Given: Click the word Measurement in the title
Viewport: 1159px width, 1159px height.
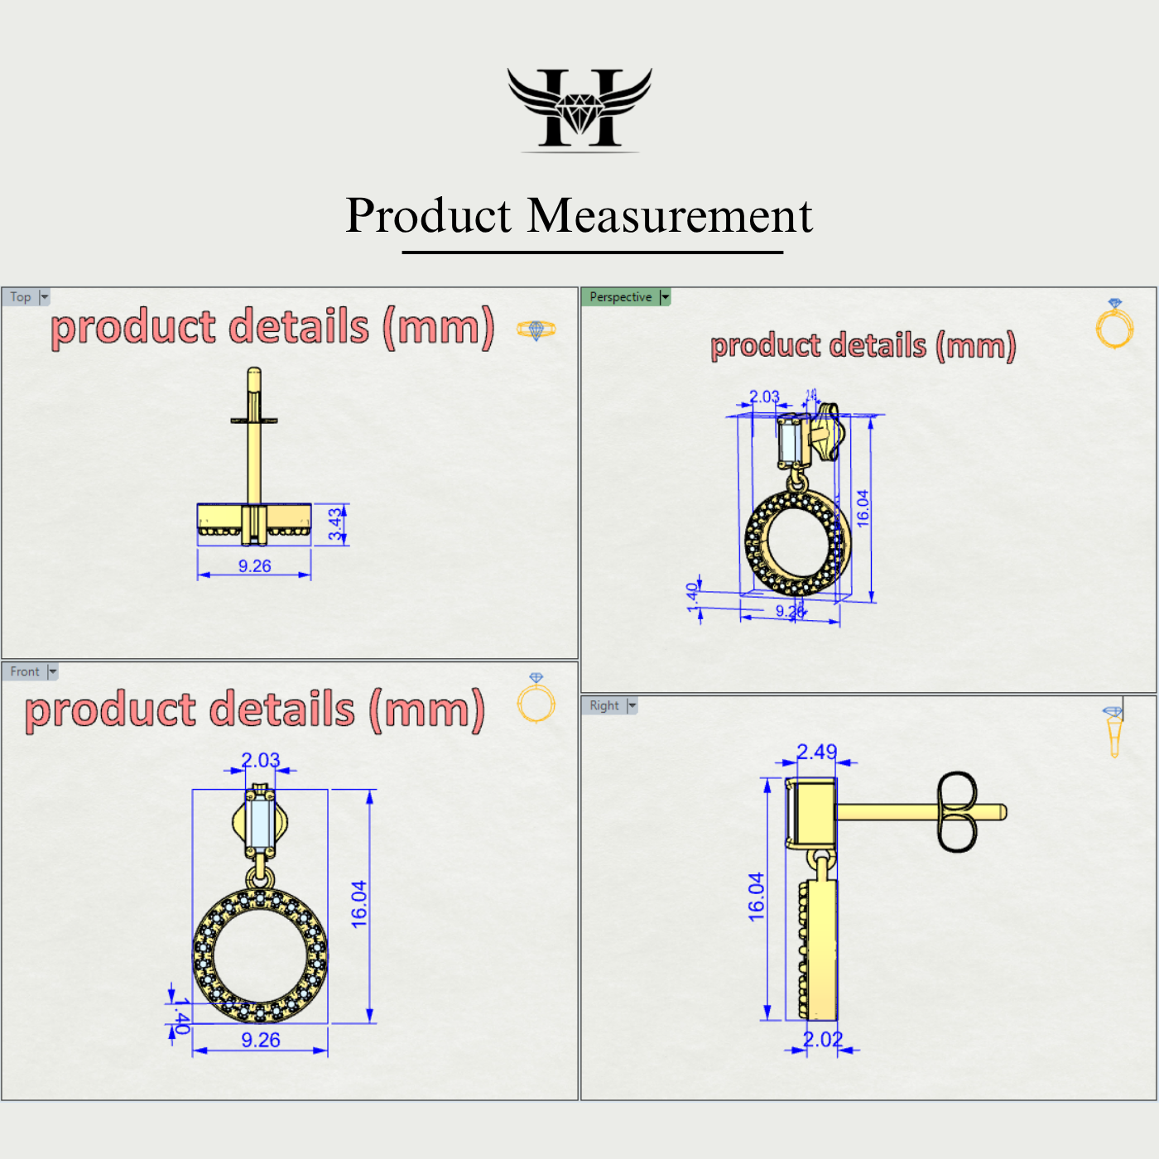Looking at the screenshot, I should pos(670,216).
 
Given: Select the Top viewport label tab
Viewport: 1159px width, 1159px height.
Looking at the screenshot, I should pos(21,297).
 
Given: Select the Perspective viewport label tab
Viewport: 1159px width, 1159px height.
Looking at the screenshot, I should pos(620,297).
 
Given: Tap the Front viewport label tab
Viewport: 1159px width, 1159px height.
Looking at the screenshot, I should pos(25,671).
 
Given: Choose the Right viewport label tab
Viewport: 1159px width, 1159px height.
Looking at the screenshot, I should pos(604,705).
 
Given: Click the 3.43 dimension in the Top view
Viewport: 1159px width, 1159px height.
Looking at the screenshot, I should pos(335,524).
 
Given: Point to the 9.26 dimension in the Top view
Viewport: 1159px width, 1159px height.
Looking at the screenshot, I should pos(254,566).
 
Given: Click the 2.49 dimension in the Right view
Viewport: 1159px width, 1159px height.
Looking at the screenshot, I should pos(816,752).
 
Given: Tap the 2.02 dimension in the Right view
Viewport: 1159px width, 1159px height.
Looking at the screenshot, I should pos(823,1040).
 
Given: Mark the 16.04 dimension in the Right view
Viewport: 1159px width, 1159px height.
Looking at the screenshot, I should pos(757,897).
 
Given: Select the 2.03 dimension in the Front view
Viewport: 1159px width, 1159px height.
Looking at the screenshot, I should pos(260,760).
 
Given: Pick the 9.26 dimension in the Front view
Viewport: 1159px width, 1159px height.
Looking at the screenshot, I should pos(260,1041).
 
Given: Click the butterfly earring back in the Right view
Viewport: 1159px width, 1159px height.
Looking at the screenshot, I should pos(957,812).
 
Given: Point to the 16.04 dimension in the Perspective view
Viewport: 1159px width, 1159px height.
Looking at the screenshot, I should pos(863,508).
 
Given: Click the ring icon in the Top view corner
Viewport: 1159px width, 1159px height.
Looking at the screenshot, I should pos(536,329).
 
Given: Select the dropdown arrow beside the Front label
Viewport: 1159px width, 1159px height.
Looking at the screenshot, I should pos(53,671).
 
